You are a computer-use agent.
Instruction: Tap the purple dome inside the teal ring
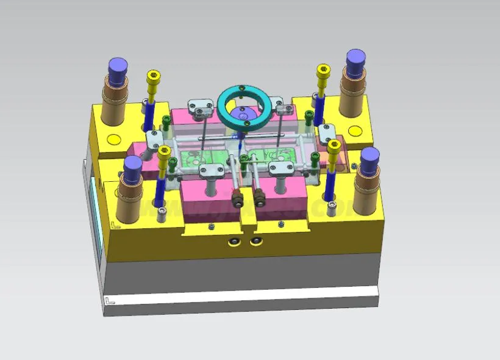[243, 113]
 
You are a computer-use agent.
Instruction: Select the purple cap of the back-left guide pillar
[118, 65]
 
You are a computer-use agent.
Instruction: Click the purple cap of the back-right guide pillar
[356, 59]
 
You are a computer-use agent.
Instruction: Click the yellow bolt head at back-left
[154, 77]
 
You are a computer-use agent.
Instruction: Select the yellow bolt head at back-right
[323, 71]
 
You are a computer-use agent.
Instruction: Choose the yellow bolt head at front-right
[334, 146]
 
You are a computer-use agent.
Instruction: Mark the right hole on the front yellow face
[256, 242]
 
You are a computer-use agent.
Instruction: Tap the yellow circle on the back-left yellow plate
[113, 139]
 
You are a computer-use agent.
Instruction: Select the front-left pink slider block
[207, 198]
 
